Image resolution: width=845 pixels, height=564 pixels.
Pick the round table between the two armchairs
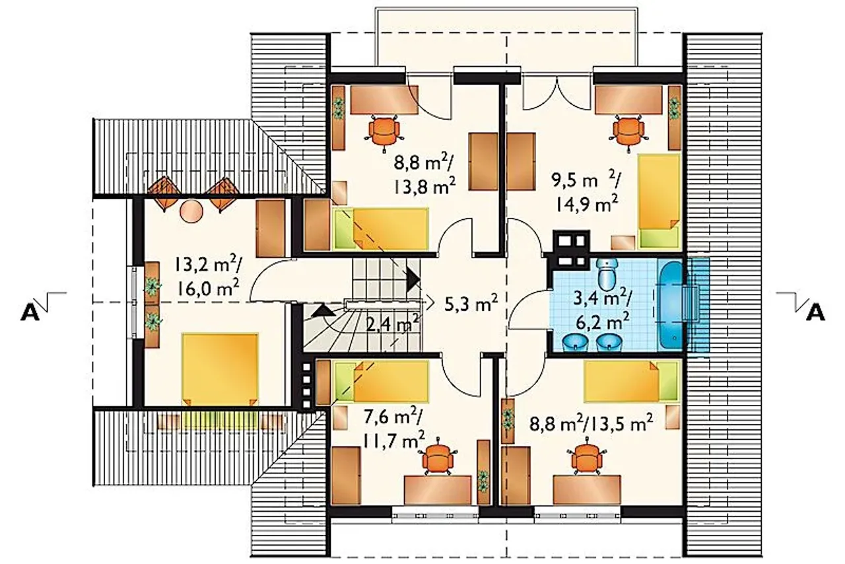click(x=191, y=212)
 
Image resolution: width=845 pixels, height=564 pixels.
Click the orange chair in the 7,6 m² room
click(x=438, y=460)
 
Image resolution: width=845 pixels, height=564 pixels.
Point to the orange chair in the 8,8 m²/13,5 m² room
click(x=587, y=460)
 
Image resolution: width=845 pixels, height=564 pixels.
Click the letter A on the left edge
click(x=30, y=312)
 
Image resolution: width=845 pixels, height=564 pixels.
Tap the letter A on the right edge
click(x=815, y=312)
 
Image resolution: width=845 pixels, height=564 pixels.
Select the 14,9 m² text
click(x=587, y=205)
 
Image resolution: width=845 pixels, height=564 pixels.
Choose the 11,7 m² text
click(x=394, y=439)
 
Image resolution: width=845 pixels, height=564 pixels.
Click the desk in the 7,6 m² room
click(x=438, y=489)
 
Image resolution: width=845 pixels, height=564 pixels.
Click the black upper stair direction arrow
click(x=413, y=279)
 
